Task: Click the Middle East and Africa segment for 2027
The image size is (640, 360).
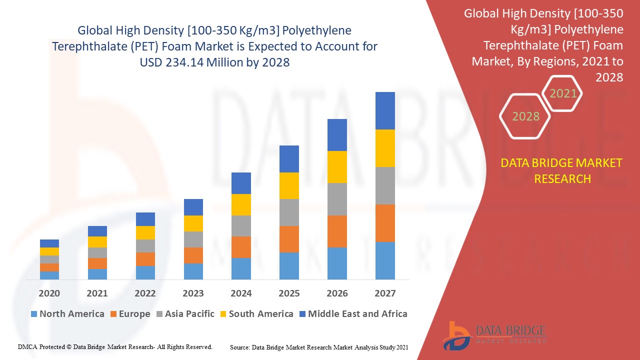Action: [385, 110]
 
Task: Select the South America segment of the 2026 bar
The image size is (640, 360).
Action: [337, 166]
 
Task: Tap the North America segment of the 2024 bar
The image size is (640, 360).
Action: [241, 268]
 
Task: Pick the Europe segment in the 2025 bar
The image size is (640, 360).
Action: [289, 239]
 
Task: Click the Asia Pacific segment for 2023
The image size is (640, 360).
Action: [193, 239]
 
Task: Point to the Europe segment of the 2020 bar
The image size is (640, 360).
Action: [49, 267]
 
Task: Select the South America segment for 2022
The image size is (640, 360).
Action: [145, 232]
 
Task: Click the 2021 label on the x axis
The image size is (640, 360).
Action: [97, 293]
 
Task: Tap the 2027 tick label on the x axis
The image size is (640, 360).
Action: [385, 293]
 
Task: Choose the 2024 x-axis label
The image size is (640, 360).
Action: [241, 293]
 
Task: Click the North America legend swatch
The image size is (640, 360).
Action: [34, 314]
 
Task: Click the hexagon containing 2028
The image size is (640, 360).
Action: [525, 116]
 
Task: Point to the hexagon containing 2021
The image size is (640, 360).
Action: [563, 93]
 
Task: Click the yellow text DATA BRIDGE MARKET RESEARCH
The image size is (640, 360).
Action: [562, 170]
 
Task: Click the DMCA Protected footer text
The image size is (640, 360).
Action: [115, 346]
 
